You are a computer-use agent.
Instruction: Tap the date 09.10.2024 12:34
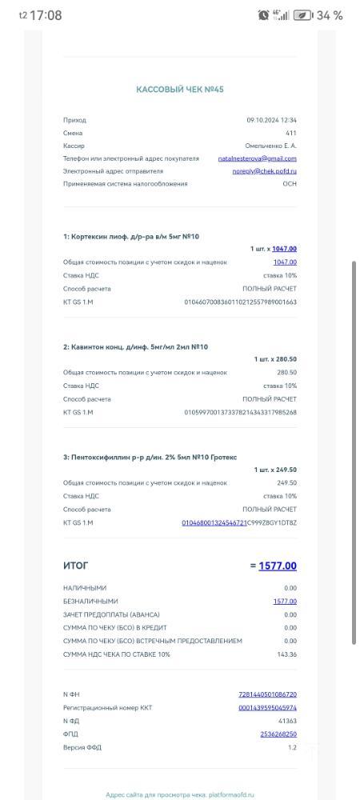coord(272,120)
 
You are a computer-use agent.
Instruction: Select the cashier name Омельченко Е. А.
coord(270,146)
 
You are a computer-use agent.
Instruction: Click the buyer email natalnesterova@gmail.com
coord(257,158)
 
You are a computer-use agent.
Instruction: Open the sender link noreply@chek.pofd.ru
coord(265,171)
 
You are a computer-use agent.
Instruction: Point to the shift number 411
coord(290,133)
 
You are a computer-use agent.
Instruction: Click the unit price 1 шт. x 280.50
coord(275,359)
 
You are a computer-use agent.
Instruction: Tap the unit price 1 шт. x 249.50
coord(275,470)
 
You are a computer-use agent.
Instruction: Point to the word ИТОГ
coord(76,566)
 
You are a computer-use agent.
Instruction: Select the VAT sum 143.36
coord(286,654)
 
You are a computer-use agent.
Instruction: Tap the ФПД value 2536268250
coord(278,734)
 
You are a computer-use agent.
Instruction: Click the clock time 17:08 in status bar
coord(45,15)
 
